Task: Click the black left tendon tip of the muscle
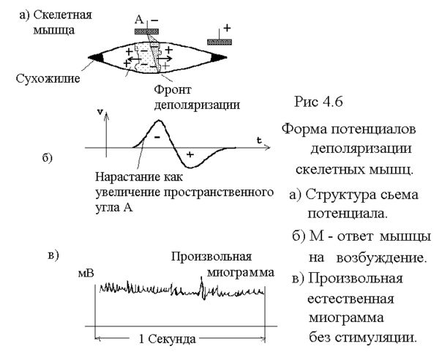[x=94, y=57]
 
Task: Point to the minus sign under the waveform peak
[x=157, y=137]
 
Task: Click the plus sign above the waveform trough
[x=190, y=154]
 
